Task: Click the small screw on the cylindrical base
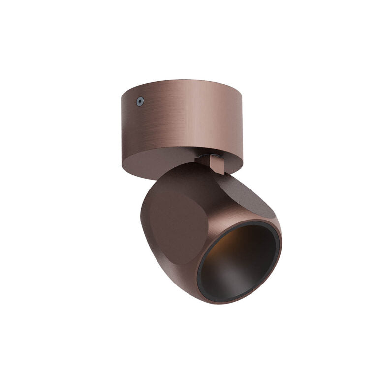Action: click(140, 102)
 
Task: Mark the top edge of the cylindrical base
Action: click(182, 80)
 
